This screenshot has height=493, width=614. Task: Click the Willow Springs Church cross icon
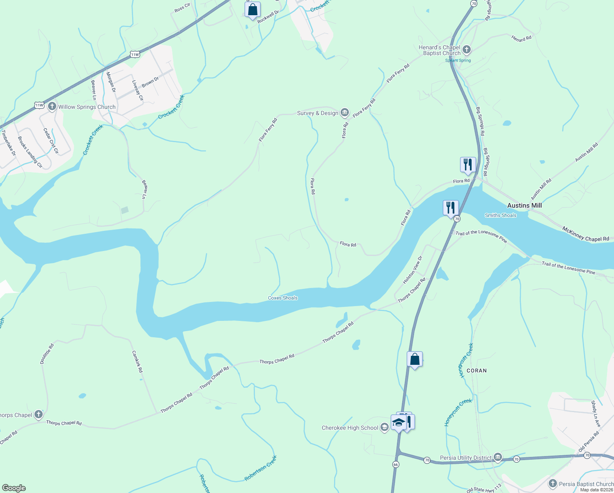tap(52, 107)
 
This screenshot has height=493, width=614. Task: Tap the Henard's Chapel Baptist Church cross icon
tap(466, 51)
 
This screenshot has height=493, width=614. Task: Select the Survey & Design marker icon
tap(344, 113)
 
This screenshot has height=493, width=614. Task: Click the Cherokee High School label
tap(350, 428)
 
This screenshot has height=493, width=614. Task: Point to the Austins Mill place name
tap(524, 205)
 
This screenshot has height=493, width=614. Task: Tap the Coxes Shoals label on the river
tap(282, 298)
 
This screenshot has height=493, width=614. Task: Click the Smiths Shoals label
tap(500, 215)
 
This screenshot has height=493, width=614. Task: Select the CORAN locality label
tap(477, 371)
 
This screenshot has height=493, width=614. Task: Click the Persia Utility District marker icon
tap(497, 457)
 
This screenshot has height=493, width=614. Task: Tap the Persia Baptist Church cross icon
tap(552, 484)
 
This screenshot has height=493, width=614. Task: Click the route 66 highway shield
tap(395, 464)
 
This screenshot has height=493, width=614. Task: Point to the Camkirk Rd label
tap(137, 362)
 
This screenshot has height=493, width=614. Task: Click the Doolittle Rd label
tap(47, 354)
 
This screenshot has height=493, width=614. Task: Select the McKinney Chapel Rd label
tap(586, 234)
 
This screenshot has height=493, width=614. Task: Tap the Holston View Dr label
tap(412, 270)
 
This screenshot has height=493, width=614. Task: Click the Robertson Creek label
tap(261, 468)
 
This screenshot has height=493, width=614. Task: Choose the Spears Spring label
tap(458, 60)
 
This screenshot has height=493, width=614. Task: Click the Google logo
tap(14, 488)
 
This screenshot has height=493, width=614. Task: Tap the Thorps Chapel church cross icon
tap(39, 415)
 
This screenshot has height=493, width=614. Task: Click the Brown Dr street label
tap(150, 82)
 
